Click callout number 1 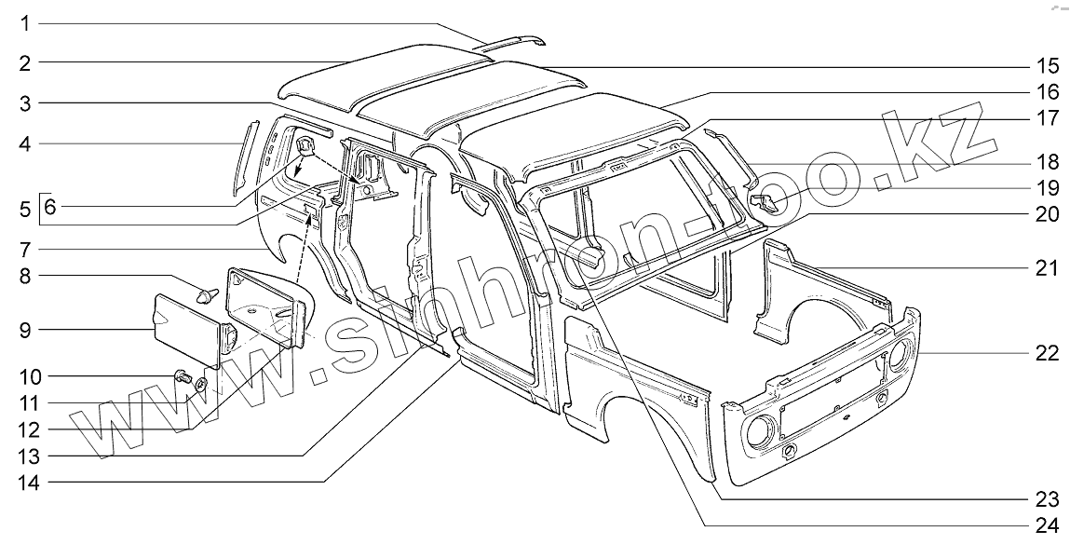click(26, 22)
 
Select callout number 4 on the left click(26, 143)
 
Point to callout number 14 click(26, 482)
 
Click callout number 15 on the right click(1048, 65)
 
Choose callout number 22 click(1048, 353)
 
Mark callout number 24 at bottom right click(1048, 524)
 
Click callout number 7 click(26, 249)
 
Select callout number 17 click(1048, 118)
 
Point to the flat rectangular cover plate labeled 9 click(186, 326)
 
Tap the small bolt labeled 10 click(183, 376)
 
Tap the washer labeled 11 click(200, 384)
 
